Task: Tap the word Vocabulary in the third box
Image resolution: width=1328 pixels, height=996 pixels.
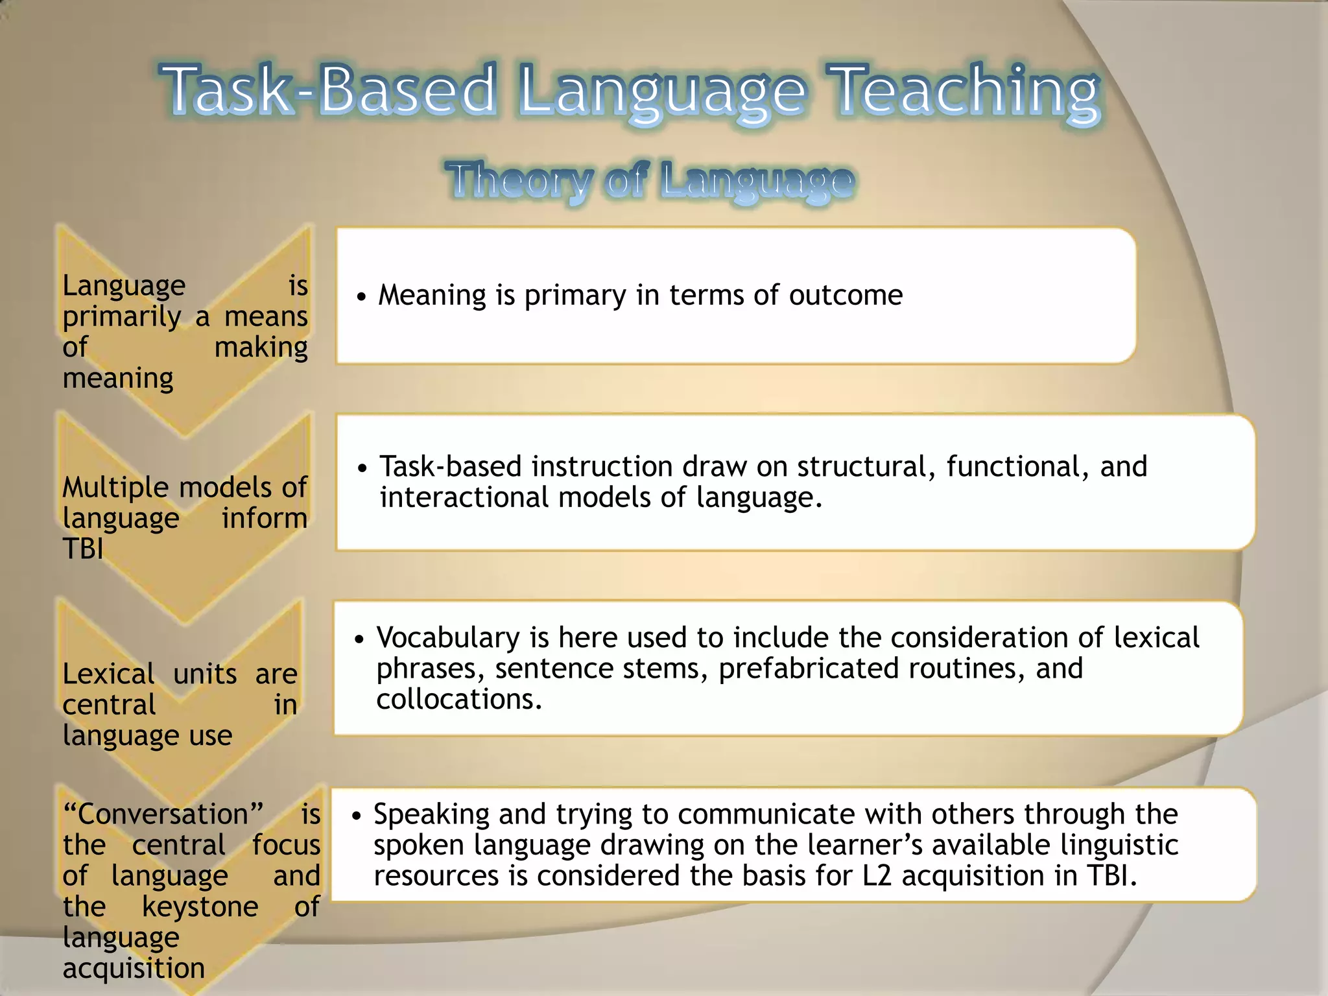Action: point(448,638)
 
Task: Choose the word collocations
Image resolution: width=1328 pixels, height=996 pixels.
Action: point(458,700)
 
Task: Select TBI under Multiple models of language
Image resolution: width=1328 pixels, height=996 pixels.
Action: point(83,549)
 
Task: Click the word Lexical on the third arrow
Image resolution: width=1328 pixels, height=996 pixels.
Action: point(108,674)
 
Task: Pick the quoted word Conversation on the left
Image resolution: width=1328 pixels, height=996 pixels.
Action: point(163,814)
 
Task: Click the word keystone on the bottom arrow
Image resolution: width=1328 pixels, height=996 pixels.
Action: point(200,907)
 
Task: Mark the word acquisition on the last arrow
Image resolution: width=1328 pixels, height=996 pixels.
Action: point(134,969)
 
